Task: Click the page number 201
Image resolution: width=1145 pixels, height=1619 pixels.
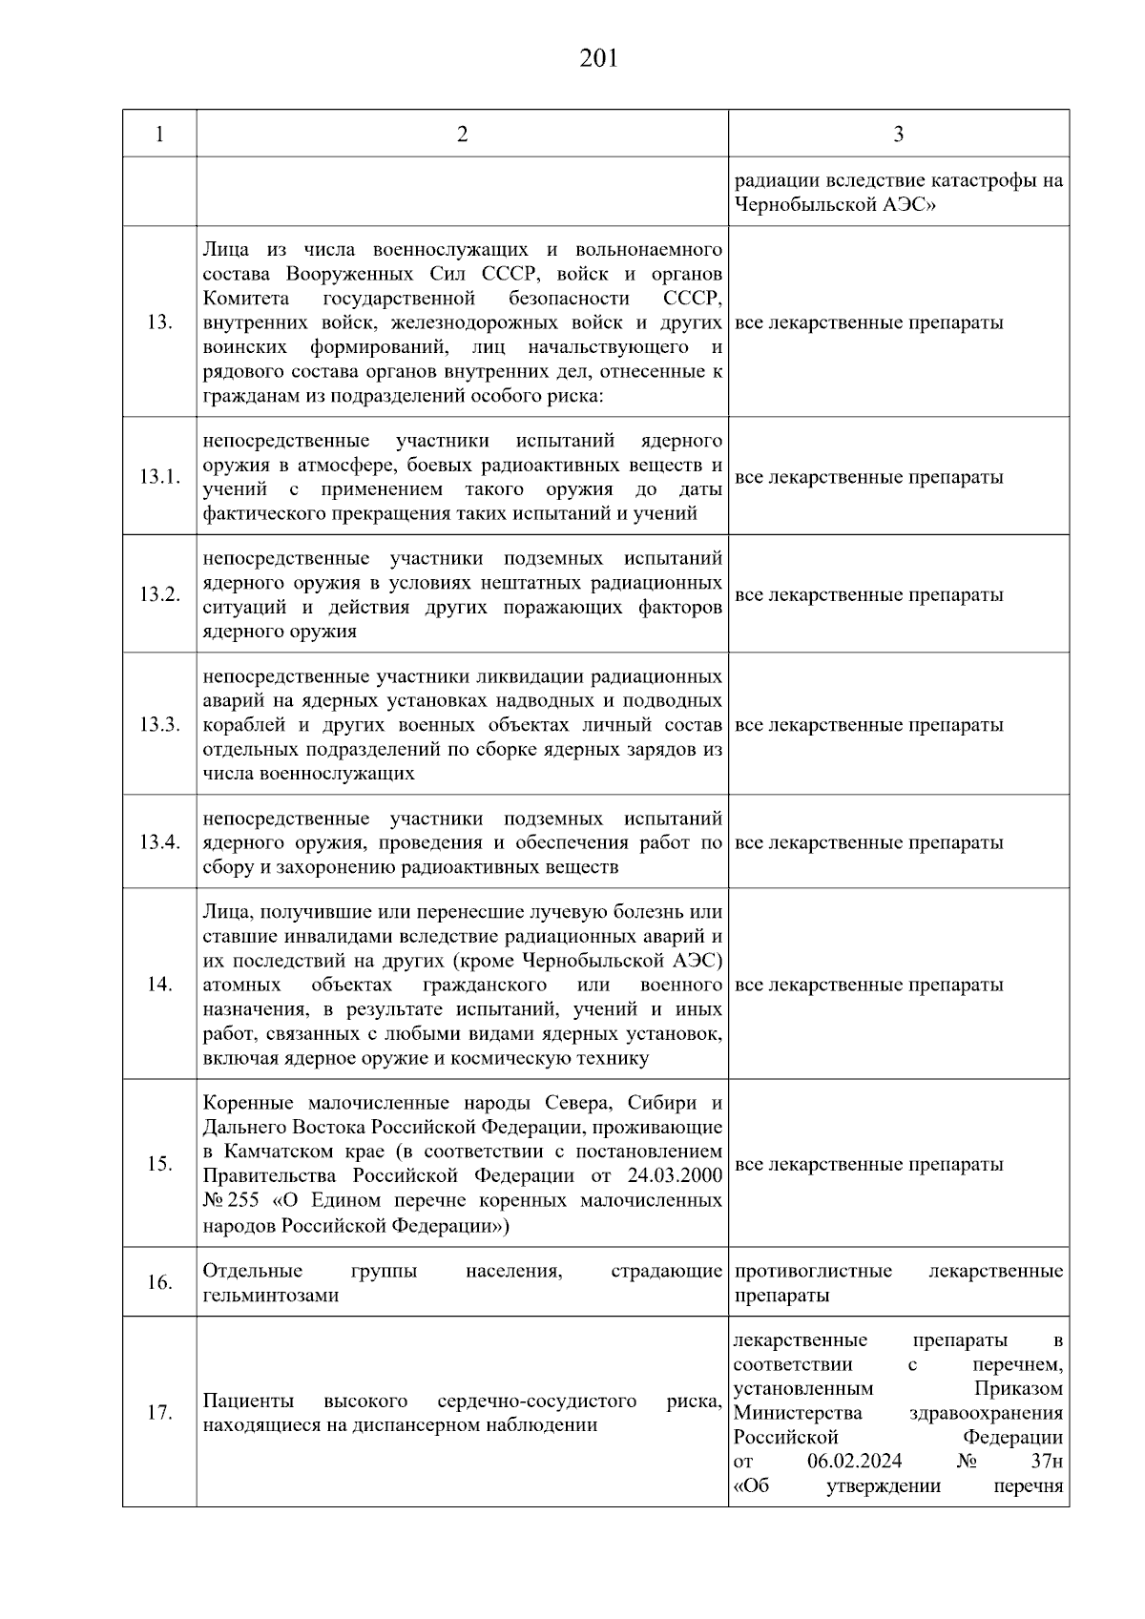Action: (x=598, y=59)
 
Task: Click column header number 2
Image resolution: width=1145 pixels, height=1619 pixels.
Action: (x=463, y=135)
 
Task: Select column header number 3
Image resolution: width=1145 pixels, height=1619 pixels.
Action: (x=898, y=135)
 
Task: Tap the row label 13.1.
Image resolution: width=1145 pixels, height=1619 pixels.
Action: (x=159, y=477)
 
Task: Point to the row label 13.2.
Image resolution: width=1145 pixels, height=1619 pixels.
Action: (x=159, y=594)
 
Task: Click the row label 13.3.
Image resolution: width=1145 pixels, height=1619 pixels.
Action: (x=159, y=724)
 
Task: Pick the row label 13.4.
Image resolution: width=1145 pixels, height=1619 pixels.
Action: (x=159, y=842)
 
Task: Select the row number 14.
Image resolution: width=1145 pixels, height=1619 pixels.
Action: (x=159, y=985)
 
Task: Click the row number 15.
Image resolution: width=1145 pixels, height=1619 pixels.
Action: (x=159, y=1164)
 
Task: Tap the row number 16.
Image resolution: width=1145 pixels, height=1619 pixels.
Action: (x=159, y=1282)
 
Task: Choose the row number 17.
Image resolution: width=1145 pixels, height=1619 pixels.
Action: (x=159, y=1413)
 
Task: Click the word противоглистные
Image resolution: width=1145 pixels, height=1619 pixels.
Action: (x=813, y=1271)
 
